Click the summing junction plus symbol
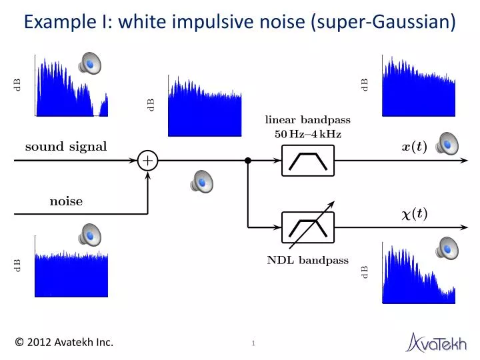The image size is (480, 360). click(x=147, y=161)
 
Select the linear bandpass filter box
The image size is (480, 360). click(x=307, y=161)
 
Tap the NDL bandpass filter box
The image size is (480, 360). click(x=307, y=227)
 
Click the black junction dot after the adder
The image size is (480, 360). click(x=248, y=161)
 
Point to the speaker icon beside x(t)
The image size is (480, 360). click(x=447, y=143)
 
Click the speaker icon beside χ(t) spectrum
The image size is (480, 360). click(x=447, y=248)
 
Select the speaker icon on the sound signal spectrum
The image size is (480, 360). click(x=89, y=63)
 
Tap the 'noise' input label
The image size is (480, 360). click(x=66, y=201)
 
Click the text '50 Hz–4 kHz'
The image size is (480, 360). click(x=307, y=134)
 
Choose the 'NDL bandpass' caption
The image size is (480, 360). click(x=307, y=261)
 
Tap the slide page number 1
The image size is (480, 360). click(x=254, y=343)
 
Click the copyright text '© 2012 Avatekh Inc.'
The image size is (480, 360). click(x=65, y=343)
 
